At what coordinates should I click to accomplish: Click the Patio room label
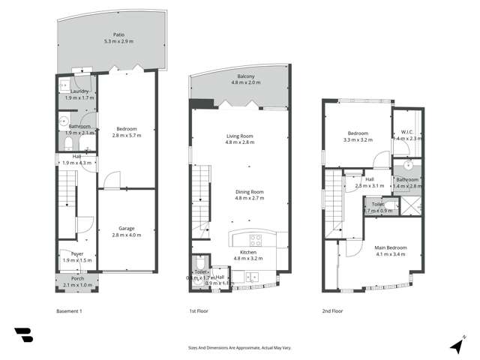[x=118, y=34]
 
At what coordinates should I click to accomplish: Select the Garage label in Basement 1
[x=126, y=228]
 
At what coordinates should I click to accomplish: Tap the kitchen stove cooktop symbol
[x=256, y=241]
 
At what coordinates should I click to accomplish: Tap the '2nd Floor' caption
[x=331, y=310]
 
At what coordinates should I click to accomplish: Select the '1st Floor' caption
[x=198, y=310]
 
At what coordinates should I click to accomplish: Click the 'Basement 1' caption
[x=69, y=310]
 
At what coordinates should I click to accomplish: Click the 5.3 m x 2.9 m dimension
[x=118, y=41]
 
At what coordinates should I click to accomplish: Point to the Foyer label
[x=77, y=254]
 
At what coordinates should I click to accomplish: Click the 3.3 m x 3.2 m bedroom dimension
[x=357, y=140]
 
